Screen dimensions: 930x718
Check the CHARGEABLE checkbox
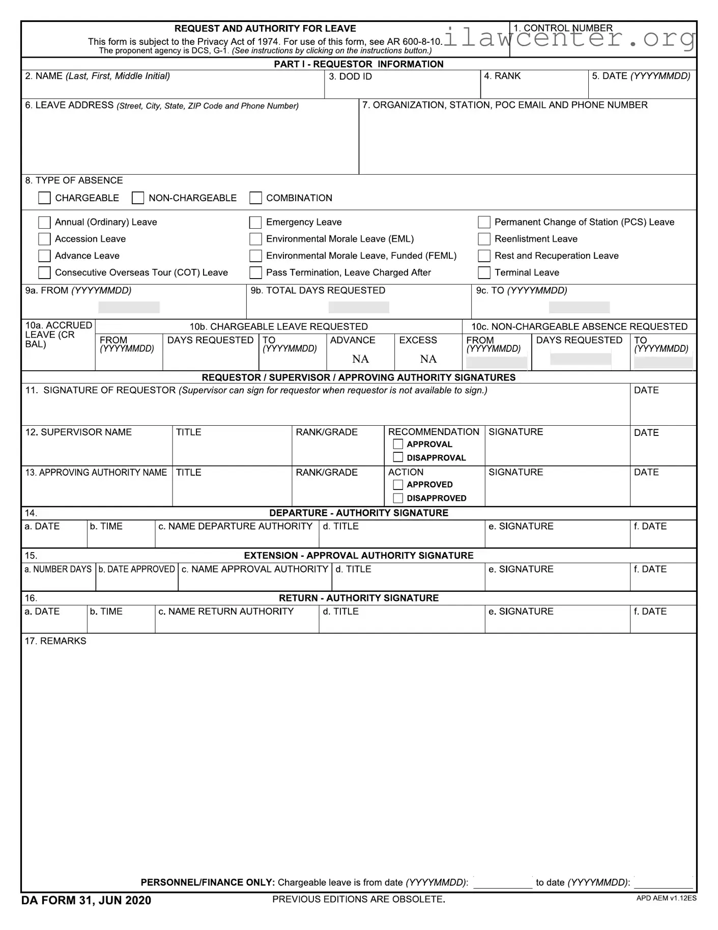[44, 198]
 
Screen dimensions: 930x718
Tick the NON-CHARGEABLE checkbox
[138, 198]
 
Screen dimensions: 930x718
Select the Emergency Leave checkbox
[255, 223]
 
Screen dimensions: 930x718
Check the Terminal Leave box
[484, 273]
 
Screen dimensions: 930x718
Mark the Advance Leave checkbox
[44, 256]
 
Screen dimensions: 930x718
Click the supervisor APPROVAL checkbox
[398, 444]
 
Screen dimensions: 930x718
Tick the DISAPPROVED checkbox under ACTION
[398, 498]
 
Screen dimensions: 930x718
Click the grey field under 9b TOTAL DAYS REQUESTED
[359, 307]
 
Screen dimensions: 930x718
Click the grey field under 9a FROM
[129, 307]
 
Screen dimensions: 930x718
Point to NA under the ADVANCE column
[360, 359]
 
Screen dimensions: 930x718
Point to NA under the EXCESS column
[428, 359]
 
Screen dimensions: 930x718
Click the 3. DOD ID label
[350, 77]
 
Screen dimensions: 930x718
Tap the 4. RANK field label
[502, 76]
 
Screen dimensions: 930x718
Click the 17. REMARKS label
[55, 641]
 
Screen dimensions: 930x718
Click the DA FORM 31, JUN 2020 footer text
[86, 900]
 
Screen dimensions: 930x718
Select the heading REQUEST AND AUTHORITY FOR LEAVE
[265, 29]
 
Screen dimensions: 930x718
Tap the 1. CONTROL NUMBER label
[563, 28]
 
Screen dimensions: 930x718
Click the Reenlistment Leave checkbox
[484, 239]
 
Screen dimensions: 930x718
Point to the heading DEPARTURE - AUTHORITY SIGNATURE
[359, 513]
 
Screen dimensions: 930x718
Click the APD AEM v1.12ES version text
[666, 898]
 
